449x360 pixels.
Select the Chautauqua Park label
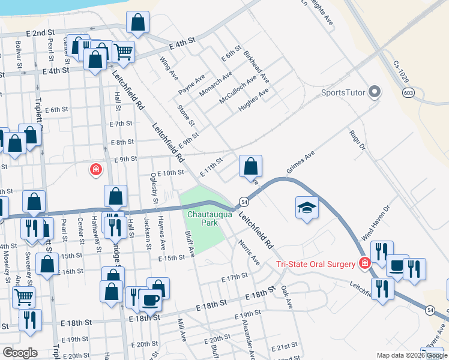202,218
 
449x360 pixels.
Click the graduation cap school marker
307,208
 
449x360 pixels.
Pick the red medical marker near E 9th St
95,170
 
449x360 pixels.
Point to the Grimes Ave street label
300,163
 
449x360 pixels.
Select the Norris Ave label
251,253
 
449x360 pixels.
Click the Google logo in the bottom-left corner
20,353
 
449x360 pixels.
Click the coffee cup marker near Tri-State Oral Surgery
397,266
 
